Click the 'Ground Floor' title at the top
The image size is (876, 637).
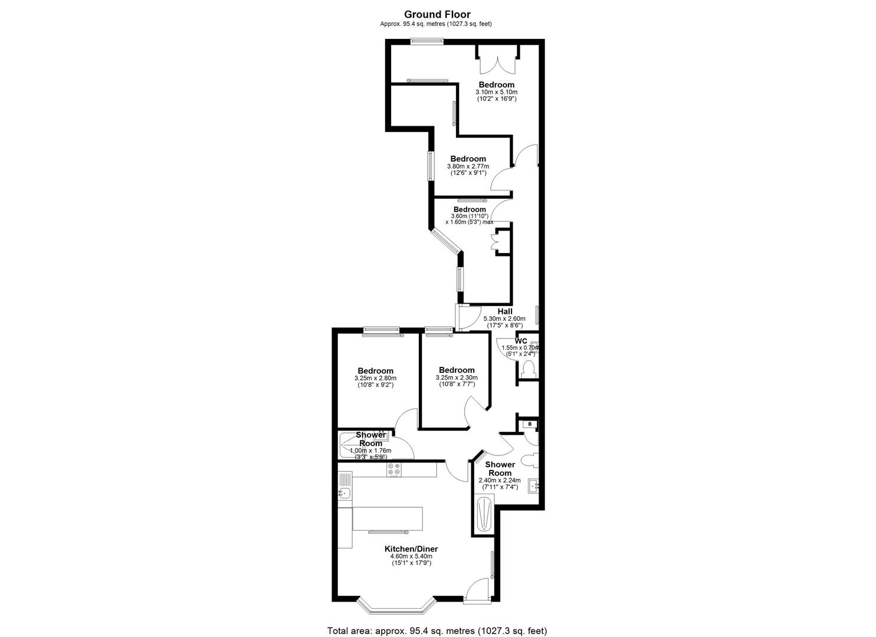437,15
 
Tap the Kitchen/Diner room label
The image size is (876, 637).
411,549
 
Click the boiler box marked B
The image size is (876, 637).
530,424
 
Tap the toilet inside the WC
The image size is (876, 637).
529,369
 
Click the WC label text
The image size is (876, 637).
521,341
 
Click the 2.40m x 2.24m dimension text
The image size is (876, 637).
500,481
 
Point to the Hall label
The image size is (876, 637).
505,311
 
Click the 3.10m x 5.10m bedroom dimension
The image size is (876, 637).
496,92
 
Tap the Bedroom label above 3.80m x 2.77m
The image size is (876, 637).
468,159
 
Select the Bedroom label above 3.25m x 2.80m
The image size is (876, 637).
375,371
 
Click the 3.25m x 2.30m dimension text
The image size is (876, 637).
457,377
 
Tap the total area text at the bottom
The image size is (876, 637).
437,620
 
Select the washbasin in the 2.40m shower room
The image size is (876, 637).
533,486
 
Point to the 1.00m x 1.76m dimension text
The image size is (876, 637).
370,451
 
